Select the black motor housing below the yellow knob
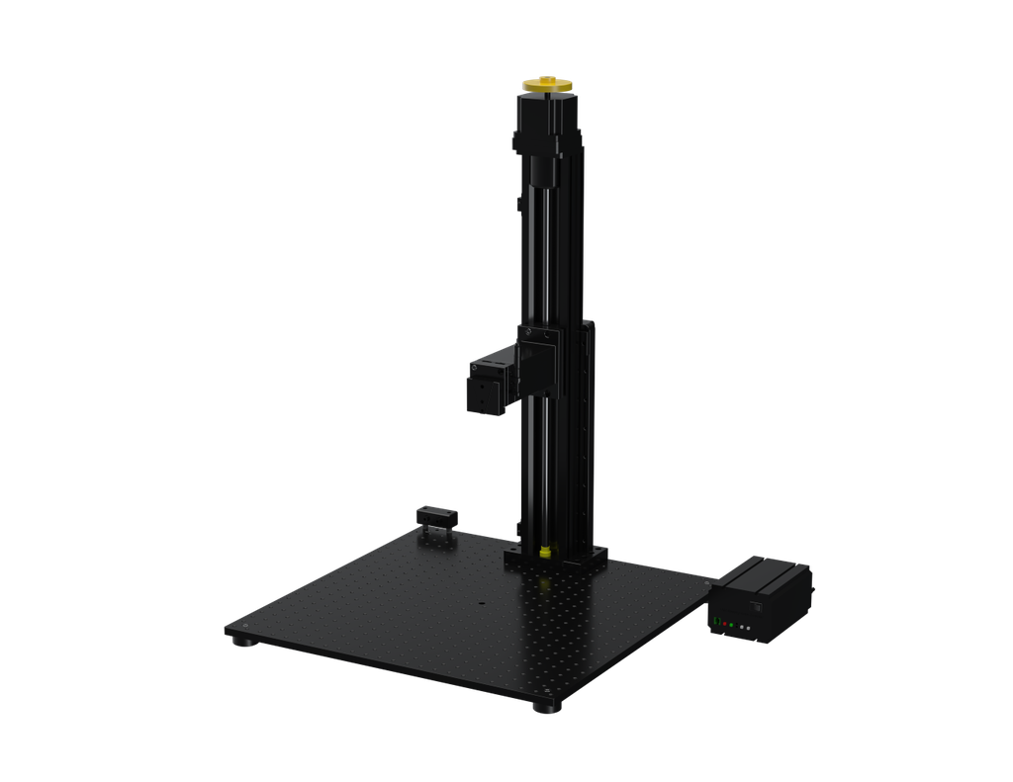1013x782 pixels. click(546, 124)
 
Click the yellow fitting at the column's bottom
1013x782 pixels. click(544, 550)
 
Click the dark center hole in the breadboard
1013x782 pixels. click(482, 602)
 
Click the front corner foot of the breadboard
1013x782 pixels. click(540, 707)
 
